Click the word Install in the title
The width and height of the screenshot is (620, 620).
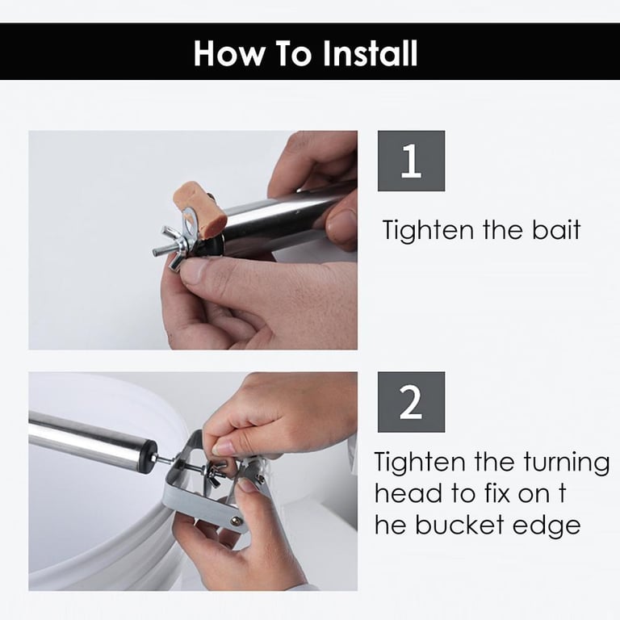point(370,53)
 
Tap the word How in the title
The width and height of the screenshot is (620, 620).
point(229,53)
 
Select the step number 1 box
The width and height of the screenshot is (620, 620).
point(411,161)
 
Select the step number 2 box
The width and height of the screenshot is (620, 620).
point(411,402)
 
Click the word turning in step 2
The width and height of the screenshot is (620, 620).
point(567,463)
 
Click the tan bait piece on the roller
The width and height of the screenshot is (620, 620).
point(199,211)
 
